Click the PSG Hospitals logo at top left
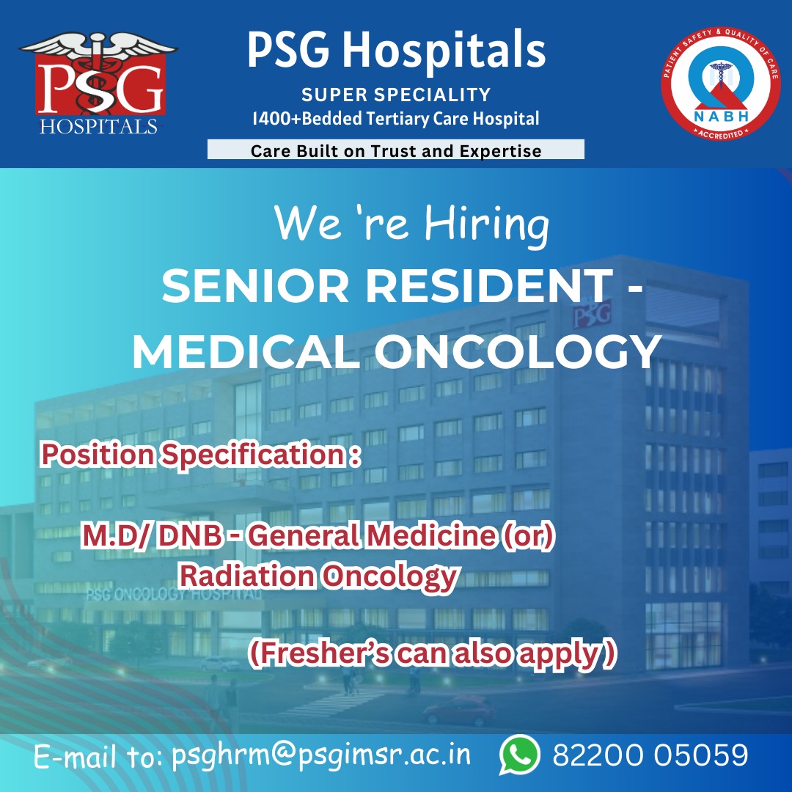(x=98, y=84)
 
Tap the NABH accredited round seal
(x=721, y=84)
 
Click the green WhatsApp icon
(x=519, y=755)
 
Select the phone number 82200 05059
(x=650, y=755)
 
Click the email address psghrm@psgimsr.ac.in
(x=320, y=755)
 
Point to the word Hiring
(x=486, y=225)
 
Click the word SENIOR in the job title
(x=255, y=286)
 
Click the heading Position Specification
(x=200, y=454)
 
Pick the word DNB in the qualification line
(x=189, y=535)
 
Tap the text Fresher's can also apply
(x=433, y=653)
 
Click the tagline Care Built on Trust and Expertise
(x=396, y=150)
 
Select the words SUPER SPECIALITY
(x=396, y=95)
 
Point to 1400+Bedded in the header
(x=307, y=119)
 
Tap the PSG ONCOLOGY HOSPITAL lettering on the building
(x=174, y=594)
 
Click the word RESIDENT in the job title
(x=489, y=286)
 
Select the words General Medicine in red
(x=371, y=535)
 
